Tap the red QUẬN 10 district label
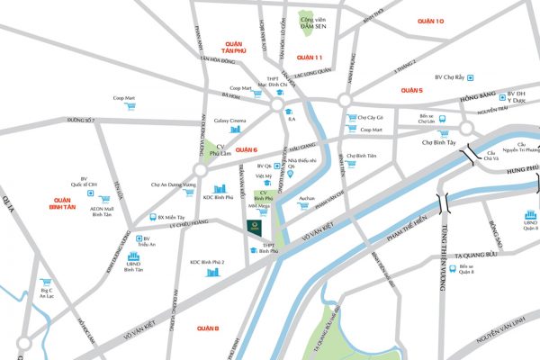pyautogui.click(x=431, y=20)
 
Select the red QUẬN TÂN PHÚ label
pyautogui.click(x=233, y=47)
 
